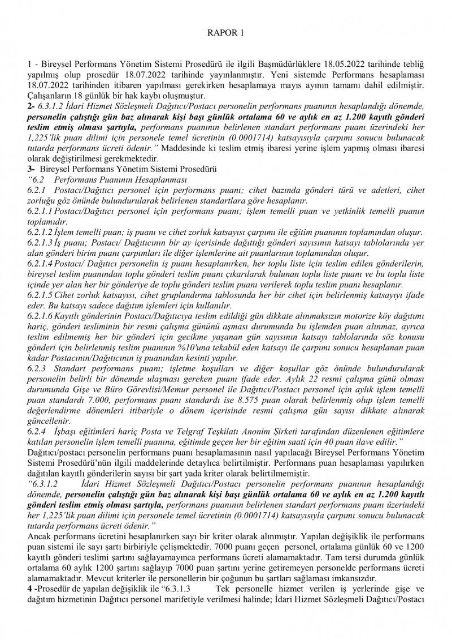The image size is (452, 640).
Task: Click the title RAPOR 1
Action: point(225,33)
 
